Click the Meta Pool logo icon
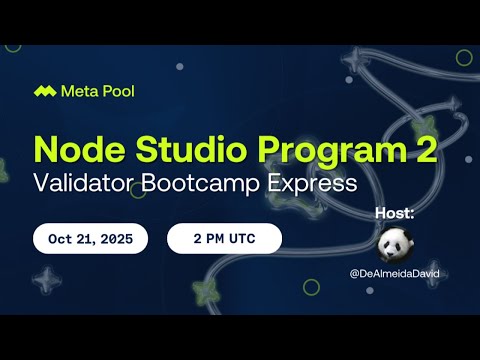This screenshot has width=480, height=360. (x=44, y=91)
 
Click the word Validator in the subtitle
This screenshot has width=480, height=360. (x=89, y=185)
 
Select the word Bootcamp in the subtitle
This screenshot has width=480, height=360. (x=215, y=185)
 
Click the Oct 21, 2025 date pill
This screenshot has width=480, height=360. (x=90, y=239)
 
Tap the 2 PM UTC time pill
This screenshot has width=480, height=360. (x=224, y=239)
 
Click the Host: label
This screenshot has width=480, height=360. (x=394, y=213)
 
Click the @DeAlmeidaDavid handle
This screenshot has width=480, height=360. (x=395, y=274)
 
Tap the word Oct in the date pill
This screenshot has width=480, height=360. (x=60, y=239)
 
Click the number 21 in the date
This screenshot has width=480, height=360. (x=83, y=239)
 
